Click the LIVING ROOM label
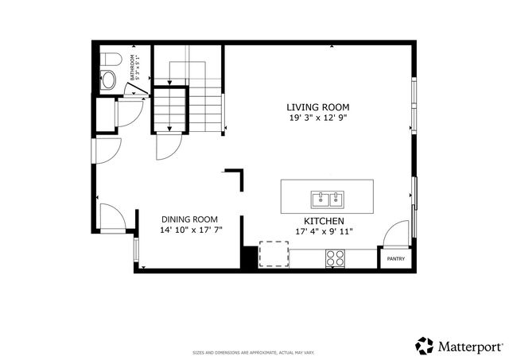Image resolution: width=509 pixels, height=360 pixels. [318, 106]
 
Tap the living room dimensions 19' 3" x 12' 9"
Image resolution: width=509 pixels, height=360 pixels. [318, 118]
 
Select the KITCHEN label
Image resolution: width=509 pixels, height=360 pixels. [324, 220]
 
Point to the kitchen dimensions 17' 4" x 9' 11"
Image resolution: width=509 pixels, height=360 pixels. [324, 231]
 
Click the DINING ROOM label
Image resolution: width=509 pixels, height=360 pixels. [189, 219]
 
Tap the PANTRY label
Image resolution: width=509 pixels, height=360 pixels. [395, 259]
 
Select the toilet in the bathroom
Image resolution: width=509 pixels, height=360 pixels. [110, 59]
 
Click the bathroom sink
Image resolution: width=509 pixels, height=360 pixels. [107, 79]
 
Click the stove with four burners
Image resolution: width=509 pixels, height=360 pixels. [335, 257]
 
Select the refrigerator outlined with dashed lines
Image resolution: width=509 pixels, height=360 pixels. [274, 255]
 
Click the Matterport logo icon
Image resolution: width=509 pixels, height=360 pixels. [425, 346]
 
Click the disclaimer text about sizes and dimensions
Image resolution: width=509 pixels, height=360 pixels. [254, 352]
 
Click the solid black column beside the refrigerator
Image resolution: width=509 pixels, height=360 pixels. [250, 257]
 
